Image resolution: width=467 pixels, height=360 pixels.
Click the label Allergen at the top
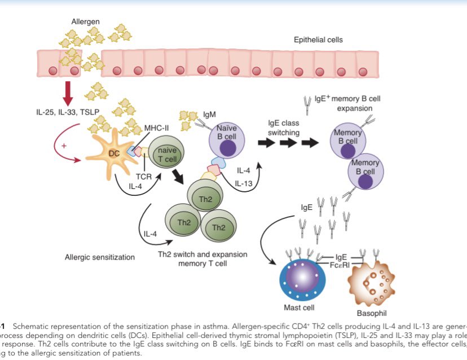[x=86, y=21]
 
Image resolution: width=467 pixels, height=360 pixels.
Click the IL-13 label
[x=244, y=183]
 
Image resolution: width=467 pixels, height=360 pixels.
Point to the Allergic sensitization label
[x=107, y=257]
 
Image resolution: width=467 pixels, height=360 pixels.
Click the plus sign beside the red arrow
[x=63, y=146]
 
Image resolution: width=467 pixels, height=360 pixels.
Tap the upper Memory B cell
[x=347, y=138]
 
